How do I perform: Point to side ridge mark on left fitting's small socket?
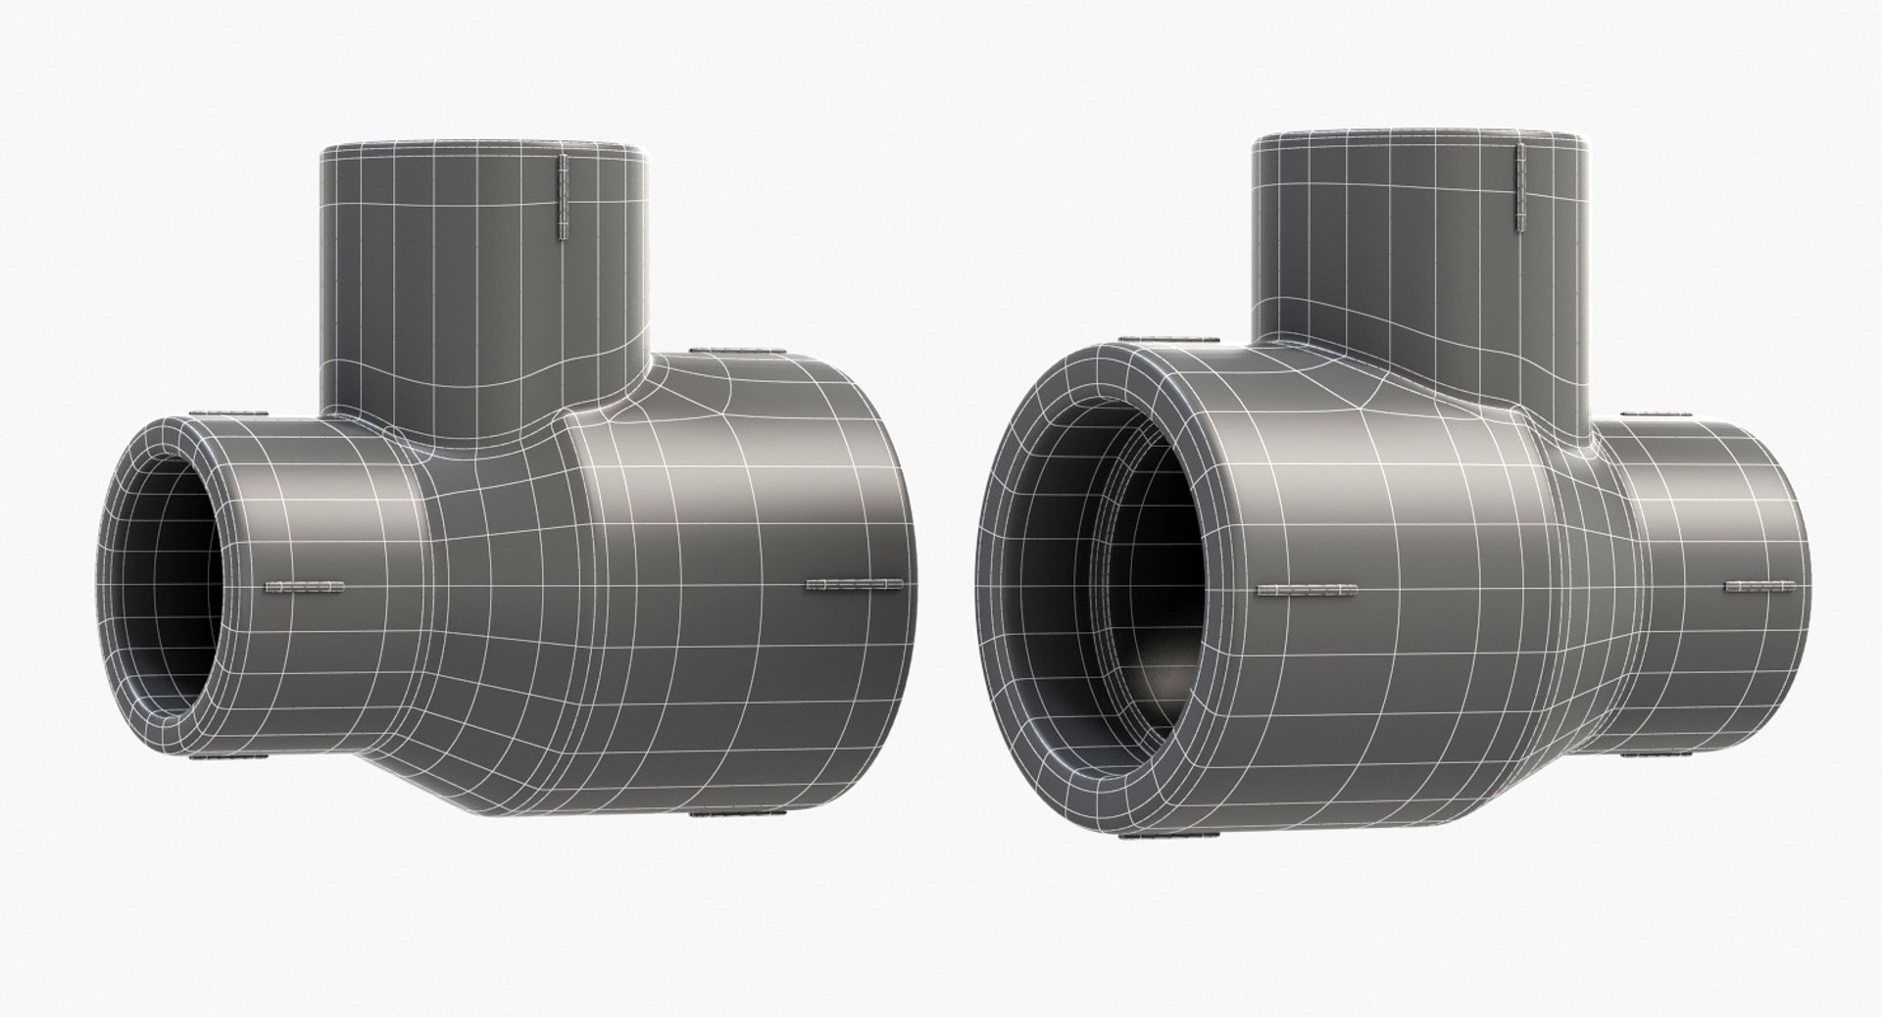(x=305, y=588)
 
